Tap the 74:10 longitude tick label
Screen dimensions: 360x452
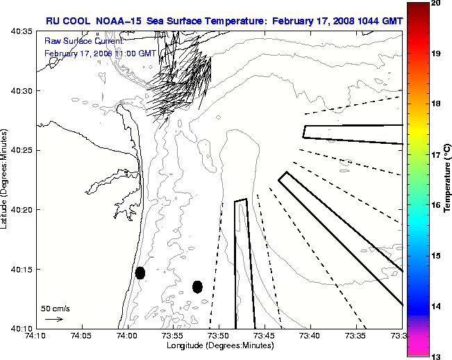pyautogui.click(x=37, y=336)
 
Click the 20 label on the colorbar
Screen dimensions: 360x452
pyautogui.click(x=436, y=3)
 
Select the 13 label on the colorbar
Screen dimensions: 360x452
pyautogui.click(x=436, y=356)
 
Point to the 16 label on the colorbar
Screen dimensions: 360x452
pyautogui.click(x=436, y=205)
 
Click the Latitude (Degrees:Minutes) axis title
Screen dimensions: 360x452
pyautogui.click(x=5, y=179)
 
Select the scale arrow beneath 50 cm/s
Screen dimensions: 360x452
pyautogui.click(x=54, y=319)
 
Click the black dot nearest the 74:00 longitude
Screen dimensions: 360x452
pyautogui.click(x=140, y=272)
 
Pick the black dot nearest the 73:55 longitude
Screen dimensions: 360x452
pyautogui.click(x=197, y=286)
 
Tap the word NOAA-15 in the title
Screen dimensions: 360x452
pyautogui.click(x=119, y=21)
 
